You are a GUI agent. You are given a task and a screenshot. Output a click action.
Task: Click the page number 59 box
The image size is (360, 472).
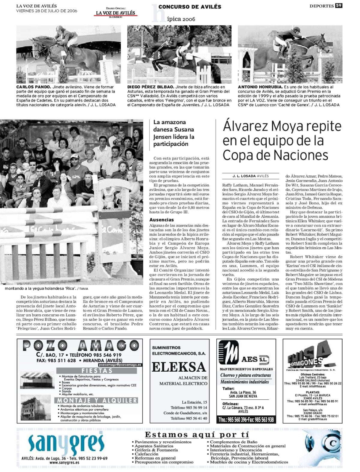click(x=339, y=6)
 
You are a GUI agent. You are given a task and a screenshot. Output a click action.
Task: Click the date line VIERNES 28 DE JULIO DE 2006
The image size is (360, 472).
click(x=46, y=11)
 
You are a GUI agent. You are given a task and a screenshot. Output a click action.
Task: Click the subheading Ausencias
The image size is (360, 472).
click(x=162, y=220)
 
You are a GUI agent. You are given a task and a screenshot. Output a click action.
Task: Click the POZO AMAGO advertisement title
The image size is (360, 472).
click(x=80, y=346)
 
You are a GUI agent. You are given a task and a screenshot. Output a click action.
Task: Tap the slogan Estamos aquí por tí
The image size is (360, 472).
click(x=197, y=435)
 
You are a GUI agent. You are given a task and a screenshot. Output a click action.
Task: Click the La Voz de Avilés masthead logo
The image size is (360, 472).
click(x=115, y=13)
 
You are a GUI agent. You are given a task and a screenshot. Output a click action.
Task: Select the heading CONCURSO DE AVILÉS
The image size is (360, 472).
click(x=190, y=7)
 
